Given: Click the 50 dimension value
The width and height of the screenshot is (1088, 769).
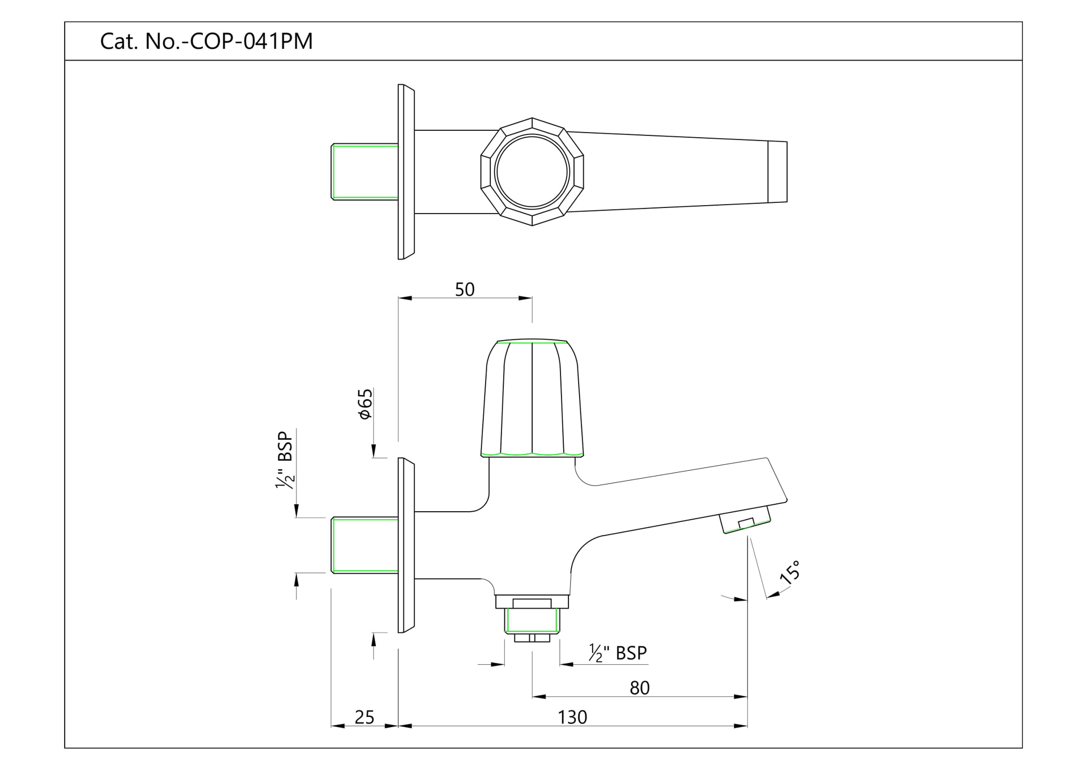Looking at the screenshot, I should [464, 290].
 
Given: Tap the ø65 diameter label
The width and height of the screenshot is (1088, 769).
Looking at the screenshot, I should [365, 403].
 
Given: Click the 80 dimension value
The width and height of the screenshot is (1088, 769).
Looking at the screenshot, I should [639, 688].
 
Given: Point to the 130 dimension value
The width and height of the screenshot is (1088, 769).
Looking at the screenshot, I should [572, 717].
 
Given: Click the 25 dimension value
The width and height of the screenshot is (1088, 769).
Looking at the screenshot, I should [364, 717].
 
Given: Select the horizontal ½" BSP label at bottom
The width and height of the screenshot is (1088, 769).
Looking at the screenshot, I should [618, 653].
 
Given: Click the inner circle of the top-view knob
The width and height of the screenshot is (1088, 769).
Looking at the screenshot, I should [532, 172].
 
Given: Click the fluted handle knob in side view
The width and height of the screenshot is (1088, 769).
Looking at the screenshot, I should [532, 400].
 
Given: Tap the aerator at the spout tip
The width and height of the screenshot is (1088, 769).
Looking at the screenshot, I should [746, 520].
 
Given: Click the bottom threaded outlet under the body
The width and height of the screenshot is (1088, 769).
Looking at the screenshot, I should [532, 620].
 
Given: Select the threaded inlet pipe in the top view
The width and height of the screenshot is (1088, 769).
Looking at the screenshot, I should [364, 172].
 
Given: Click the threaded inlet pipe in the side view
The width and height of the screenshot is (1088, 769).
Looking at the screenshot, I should [364, 545].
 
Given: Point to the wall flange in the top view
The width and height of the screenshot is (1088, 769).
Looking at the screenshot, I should [406, 172].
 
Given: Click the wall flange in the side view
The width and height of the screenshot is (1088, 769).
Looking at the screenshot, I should [406, 545].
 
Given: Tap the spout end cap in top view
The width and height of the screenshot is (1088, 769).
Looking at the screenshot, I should [777, 172].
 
